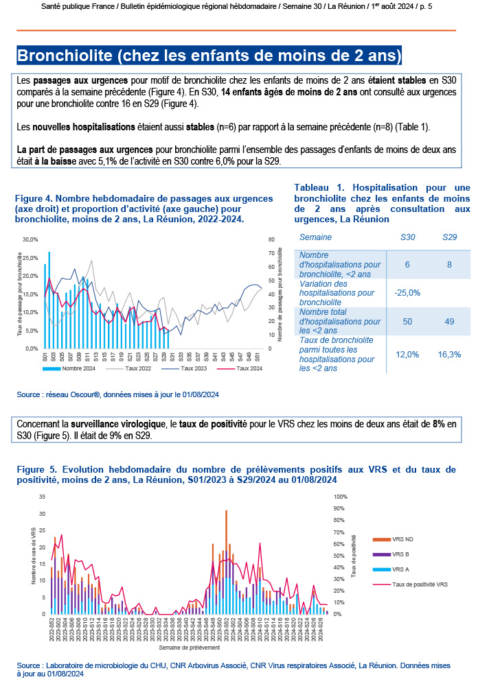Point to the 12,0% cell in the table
pos(407,354)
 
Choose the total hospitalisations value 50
pos(407,321)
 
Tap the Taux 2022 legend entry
pos(137,369)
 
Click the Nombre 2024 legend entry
pos(76,369)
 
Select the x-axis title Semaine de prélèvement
pos(189,647)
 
